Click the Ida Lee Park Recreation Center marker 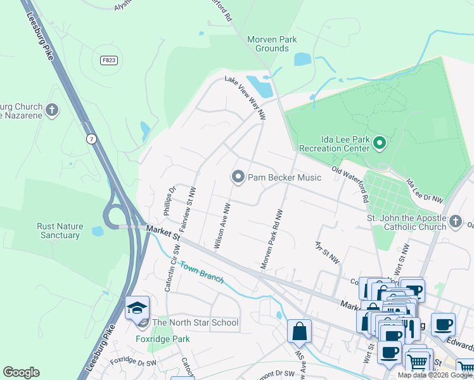pyautogui.click(x=380, y=142)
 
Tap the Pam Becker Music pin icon pyautogui.click(x=238, y=177)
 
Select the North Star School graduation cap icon pyautogui.click(x=137, y=308)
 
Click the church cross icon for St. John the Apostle pyautogui.click(x=456, y=221)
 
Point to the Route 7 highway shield pyautogui.click(x=93, y=139)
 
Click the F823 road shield pyautogui.click(x=108, y=60)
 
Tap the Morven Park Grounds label pyautogui.click(x=272, y=44)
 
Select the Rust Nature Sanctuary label pyautogui.click(x=58, y=231)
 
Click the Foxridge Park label pyautogui.click(x=163, y=339)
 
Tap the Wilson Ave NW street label pyautogui.click(x=221, y=225)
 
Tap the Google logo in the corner pyautogui.click(x=21, y=372)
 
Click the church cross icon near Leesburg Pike pyautogui.click(x=53, y=111)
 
